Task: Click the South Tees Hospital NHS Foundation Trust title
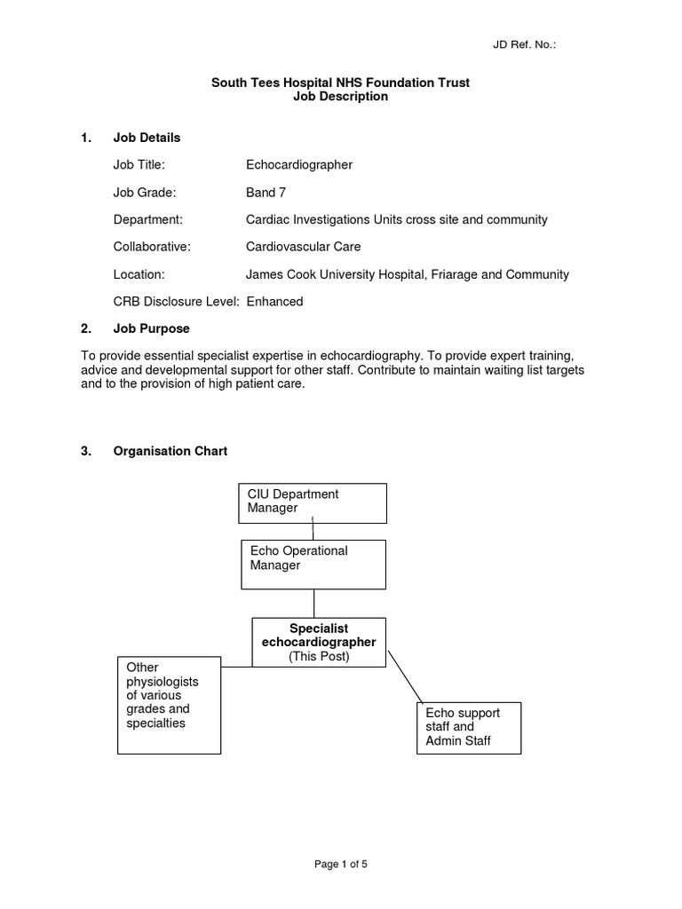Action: (340, 83)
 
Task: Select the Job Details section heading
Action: (147, 138)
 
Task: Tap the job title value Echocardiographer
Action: (299, 164)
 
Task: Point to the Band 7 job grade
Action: (266, 192)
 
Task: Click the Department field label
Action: (147, 219)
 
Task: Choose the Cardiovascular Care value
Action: (303, 247)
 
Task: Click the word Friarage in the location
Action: (458, 274)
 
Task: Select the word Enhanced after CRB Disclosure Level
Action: (274, 302)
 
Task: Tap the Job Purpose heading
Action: (151, 328)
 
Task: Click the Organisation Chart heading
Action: (170, 451)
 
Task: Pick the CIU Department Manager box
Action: (312, 502)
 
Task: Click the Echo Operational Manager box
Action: (313, 564)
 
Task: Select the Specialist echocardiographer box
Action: (319, 641)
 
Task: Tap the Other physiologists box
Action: (169, 705)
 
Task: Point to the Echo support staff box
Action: (469, 727)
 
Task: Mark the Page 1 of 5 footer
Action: (341, 865)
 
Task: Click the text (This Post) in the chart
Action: (319, 656)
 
